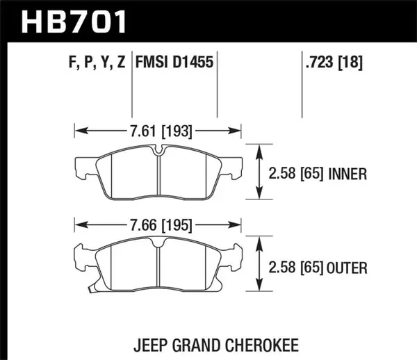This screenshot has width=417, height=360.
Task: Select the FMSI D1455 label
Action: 172,63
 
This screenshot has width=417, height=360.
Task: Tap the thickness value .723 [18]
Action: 332,63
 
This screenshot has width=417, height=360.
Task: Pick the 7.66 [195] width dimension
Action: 158,224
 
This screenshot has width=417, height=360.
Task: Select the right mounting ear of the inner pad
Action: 236,167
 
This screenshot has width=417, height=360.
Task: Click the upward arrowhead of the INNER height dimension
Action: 259,147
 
